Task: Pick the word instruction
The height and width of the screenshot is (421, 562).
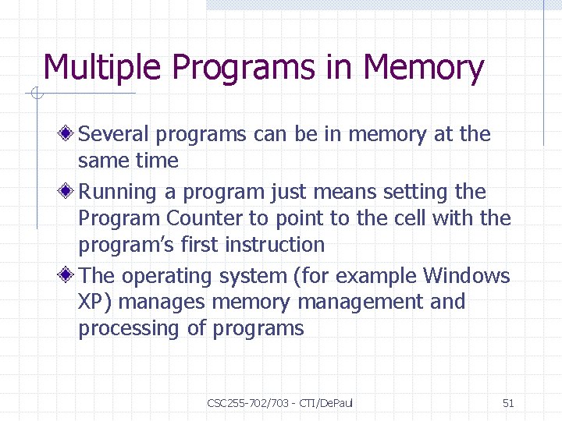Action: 274,245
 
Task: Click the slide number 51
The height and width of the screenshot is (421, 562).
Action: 508,403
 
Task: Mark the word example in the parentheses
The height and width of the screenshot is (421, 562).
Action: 378,277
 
